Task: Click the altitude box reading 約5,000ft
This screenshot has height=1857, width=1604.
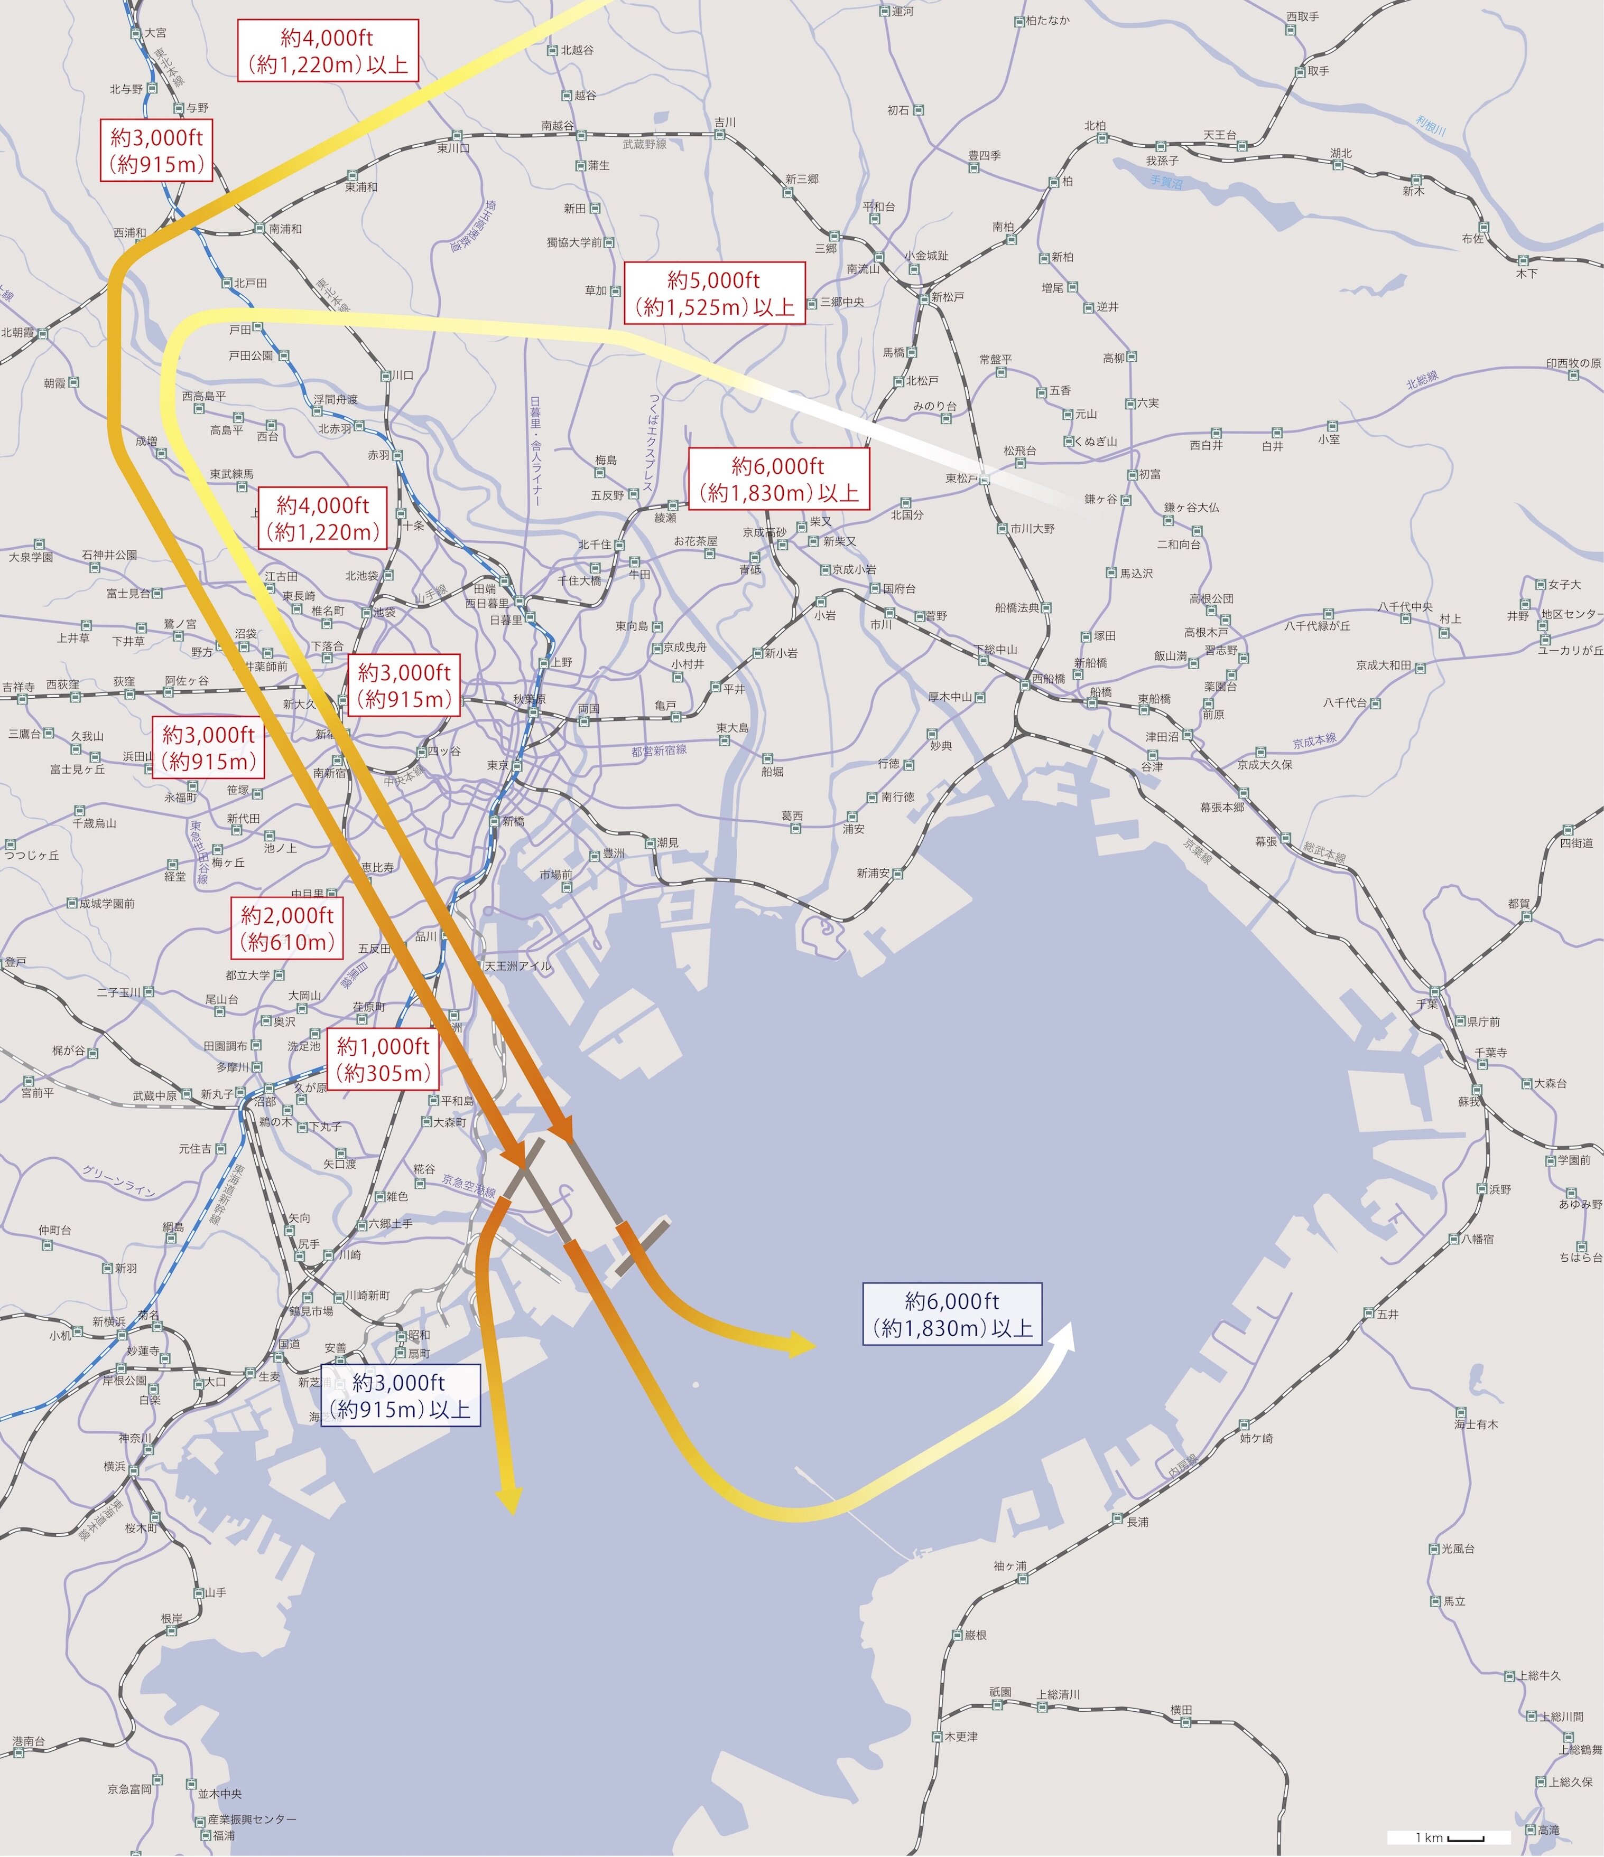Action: tap(715, 293)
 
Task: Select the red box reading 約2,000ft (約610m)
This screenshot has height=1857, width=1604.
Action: tap(287, 928)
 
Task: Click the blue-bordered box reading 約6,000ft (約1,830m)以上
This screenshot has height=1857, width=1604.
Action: tap(951, 1314)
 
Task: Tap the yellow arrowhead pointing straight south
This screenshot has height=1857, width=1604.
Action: tap(509, 1497)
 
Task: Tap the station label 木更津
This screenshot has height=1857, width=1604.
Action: tap(960, 1736)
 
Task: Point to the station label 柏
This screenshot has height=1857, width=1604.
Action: tap(1067, 181)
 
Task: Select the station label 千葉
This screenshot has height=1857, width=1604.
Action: tap(1426, 1004)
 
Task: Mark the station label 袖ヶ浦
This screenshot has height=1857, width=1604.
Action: tap(1009, 1566)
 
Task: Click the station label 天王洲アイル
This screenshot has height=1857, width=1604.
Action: tap(517, 966)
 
